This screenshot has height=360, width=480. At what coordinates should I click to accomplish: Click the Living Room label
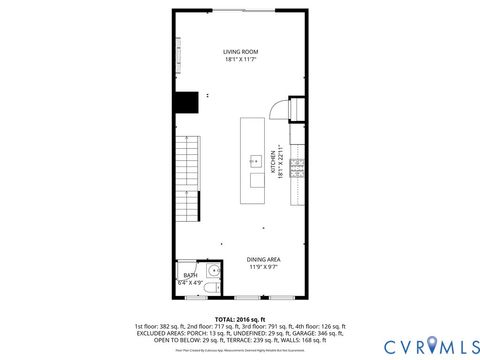point(240,51)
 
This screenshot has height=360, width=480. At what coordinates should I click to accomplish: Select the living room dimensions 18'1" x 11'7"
point(240,59)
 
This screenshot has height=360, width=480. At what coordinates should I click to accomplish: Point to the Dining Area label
point(264,259)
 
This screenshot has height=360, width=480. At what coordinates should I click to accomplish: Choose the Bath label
point(189,275)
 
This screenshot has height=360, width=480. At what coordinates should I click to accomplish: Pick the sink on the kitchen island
point(255,160)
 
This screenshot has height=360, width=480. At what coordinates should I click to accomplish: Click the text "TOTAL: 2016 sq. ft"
point(240,319)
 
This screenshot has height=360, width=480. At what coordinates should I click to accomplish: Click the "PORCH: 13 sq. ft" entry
point(201,333)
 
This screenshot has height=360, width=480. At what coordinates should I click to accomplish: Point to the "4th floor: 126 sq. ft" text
point(321,326)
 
